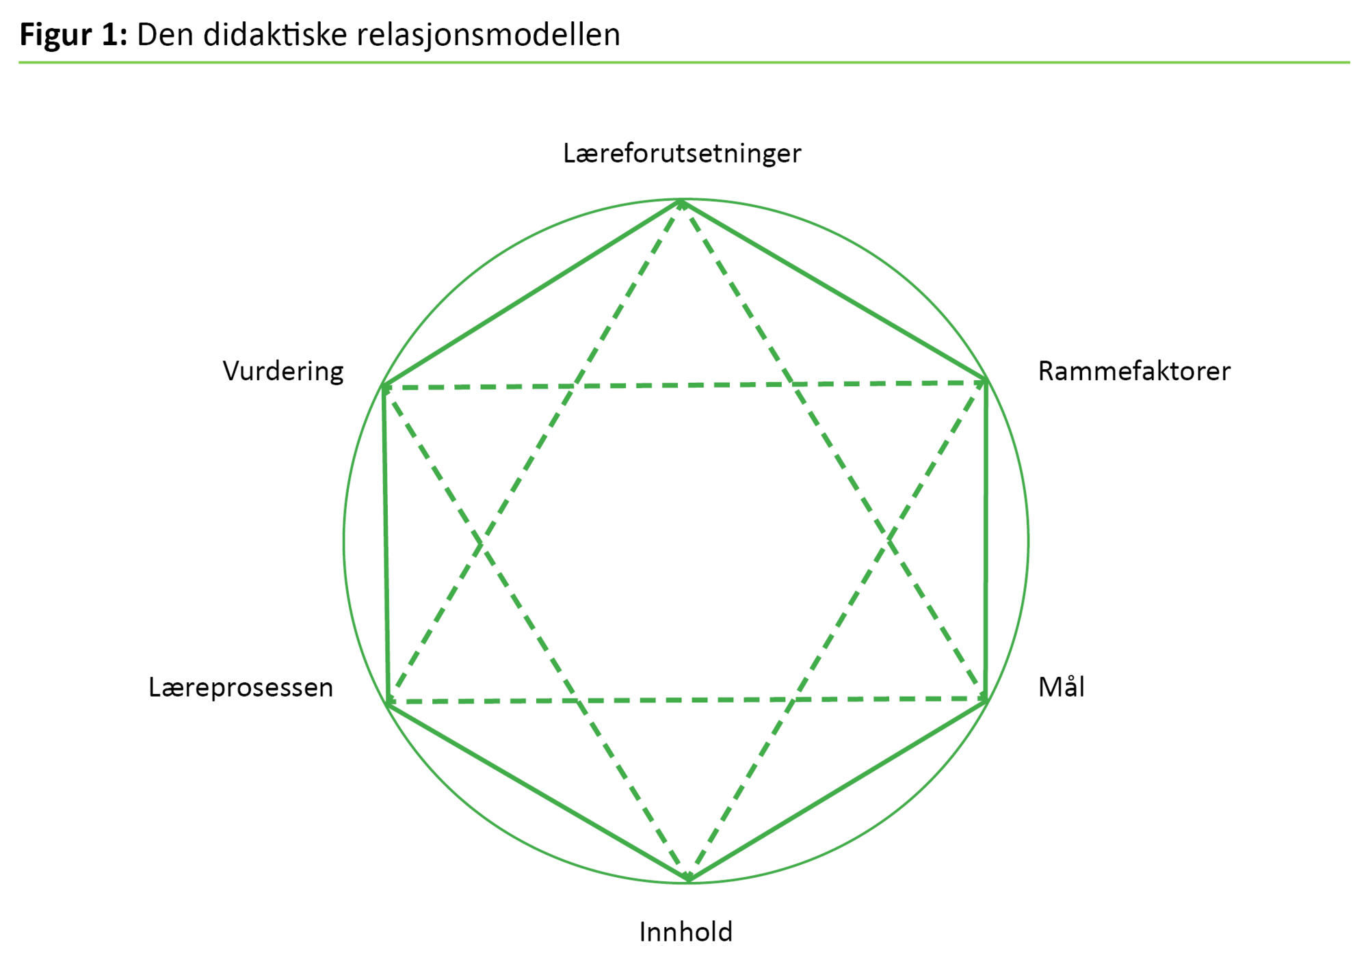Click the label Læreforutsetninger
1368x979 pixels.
(x=682, y=154)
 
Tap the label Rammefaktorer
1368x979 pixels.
(x=1133, y=371)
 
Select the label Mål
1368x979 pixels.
(x=1061, y=687)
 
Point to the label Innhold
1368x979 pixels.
(x=685, y=932)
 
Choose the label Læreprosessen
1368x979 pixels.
(x=241, y=687)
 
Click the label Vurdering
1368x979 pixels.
(x=283, y=371)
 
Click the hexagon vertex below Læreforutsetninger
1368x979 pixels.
(x=682, y=201)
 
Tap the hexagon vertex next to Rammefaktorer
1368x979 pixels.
(x=986, y=380)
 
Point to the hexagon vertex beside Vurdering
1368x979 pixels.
(x=383, y=386)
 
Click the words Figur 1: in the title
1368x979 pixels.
(x=73, y=34)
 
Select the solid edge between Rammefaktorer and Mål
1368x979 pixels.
(x=986, y=540)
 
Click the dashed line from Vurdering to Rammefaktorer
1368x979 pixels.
(x=684, y=385)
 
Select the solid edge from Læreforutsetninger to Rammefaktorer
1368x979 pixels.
(x=834, y=291)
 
